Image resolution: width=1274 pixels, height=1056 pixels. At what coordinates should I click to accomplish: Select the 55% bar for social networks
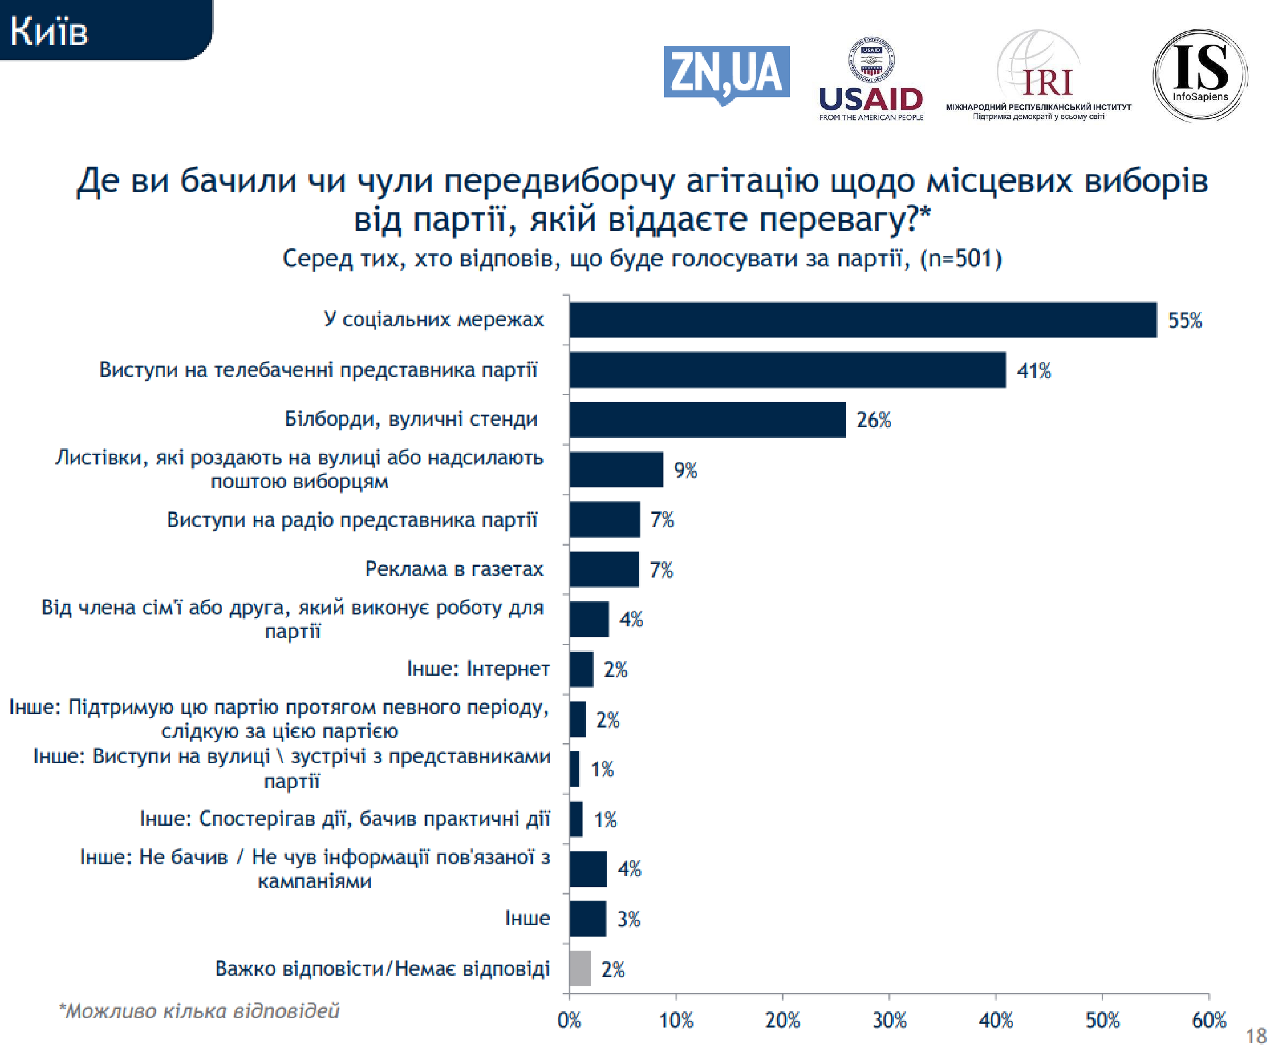click(x=862, y=320)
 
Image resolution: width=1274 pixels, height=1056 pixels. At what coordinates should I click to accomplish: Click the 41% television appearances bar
click(x=787, y=370)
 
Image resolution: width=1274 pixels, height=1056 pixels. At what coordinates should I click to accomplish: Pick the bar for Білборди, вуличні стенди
click(x=707, y=419)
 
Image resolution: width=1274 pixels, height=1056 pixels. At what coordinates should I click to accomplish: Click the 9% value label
click(x=685, y=470)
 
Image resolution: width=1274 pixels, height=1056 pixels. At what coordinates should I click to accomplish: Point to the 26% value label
click(x=873, y=420)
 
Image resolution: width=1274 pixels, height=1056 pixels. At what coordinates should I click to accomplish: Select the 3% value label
click(x=629, y=919)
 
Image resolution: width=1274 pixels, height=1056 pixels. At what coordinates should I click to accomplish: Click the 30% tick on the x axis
click(x=889, y=1020)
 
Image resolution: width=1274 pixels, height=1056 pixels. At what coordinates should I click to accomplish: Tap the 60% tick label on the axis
click(x=1209, y=1020)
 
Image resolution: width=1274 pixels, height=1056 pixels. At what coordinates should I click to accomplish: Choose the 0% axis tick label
click(x=569, y=1020)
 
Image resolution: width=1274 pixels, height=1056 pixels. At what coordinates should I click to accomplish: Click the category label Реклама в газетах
click(x=454, y=569)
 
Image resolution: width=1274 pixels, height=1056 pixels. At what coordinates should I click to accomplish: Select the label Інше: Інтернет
click(x=478, y=668)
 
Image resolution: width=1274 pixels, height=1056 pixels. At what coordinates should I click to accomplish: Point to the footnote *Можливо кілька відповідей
click(x=199, y=1011)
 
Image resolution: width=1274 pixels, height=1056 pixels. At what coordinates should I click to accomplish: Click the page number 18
click(x=1256, y=1036)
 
